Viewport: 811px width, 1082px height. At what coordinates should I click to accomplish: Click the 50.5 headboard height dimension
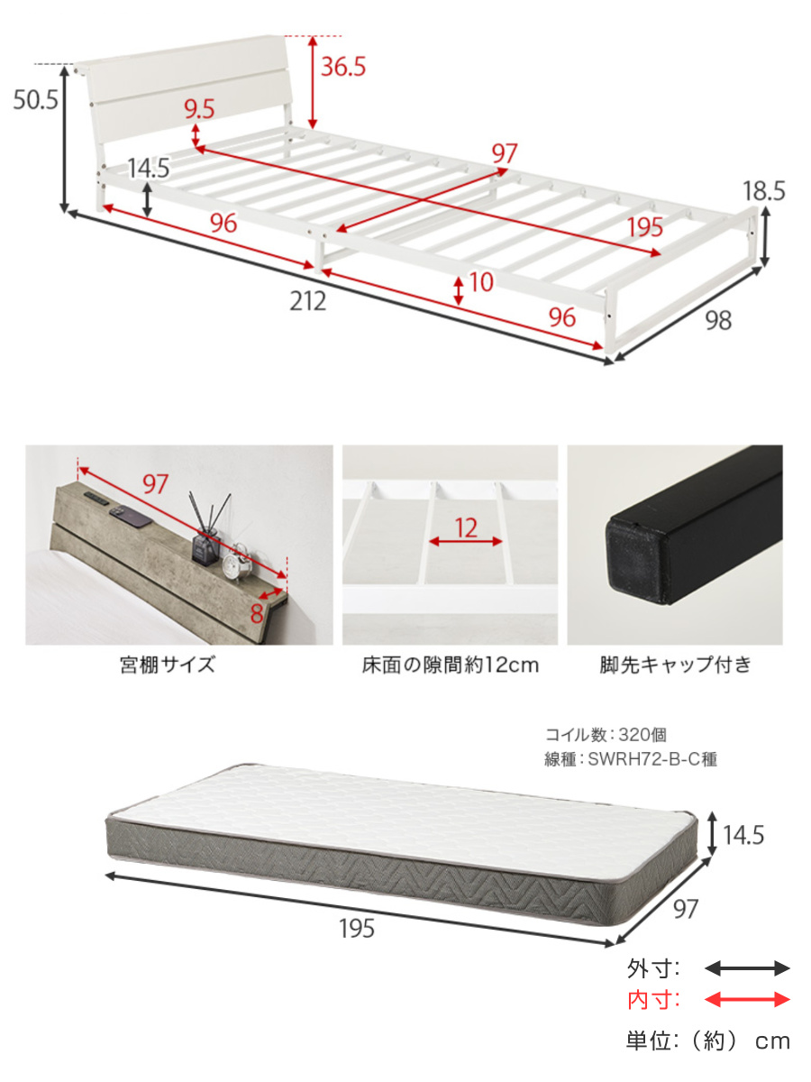(35, 100)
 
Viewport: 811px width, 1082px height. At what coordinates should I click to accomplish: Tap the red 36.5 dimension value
(343, 66)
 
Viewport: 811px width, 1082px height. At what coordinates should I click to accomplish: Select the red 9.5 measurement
(199, 109)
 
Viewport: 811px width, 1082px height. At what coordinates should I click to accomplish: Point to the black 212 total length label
(308, 301)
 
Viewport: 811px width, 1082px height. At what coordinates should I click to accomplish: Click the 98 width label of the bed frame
(718, 320)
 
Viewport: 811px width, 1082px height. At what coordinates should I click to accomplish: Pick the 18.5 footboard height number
(764, 191)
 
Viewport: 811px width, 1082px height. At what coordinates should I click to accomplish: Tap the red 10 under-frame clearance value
(481, 282)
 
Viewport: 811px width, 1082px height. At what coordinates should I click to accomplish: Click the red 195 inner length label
(645, 227)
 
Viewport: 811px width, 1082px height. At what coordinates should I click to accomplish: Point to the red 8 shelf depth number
(257, 614)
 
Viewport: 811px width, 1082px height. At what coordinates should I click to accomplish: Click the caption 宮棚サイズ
(168, 665)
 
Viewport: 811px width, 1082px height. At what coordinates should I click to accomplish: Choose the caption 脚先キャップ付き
(675, 665)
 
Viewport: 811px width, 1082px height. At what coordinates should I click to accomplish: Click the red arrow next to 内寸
(746, 1000)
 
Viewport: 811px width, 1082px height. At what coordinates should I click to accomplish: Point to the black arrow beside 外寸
(746, 968)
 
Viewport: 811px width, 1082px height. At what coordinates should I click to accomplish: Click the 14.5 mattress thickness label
(743, 835)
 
